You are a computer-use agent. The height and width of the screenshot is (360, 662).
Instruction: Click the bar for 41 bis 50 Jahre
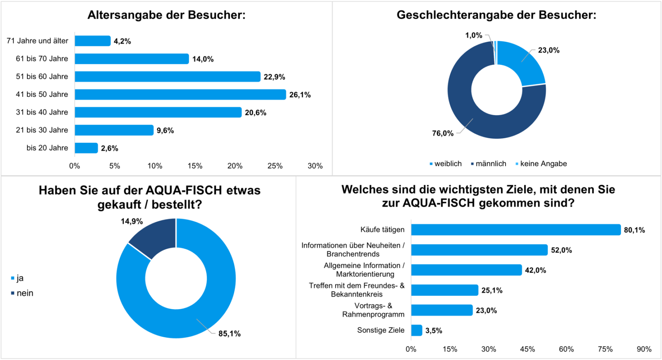tap(180, 94)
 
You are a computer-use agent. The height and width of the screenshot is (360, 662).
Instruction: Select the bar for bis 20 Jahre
tap(86, 148)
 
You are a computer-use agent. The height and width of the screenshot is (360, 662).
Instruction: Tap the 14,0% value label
tap(203, 59)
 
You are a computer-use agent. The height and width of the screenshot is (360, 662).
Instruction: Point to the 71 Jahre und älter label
tap(37, 41)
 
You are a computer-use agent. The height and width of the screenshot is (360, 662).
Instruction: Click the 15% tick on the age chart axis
tap(195, 166)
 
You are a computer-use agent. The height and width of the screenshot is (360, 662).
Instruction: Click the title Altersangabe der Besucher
tap(166, 15)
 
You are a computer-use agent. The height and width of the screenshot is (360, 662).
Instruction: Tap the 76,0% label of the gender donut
tap(443, 133)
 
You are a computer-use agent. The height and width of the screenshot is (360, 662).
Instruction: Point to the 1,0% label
tap(474, 36)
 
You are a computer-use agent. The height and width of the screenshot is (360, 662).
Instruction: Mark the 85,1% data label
tap(230, 334)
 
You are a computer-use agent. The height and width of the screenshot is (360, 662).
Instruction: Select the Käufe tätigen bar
tap(516, 230)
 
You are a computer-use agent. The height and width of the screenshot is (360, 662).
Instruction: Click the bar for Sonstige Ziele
tap(417, 330)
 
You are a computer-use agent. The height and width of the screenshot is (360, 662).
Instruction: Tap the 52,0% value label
tap(561, 250)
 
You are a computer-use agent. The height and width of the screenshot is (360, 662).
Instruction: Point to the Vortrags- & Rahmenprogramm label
tap(373, 310)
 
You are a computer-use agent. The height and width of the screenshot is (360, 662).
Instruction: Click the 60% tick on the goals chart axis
tap(566, 349)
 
